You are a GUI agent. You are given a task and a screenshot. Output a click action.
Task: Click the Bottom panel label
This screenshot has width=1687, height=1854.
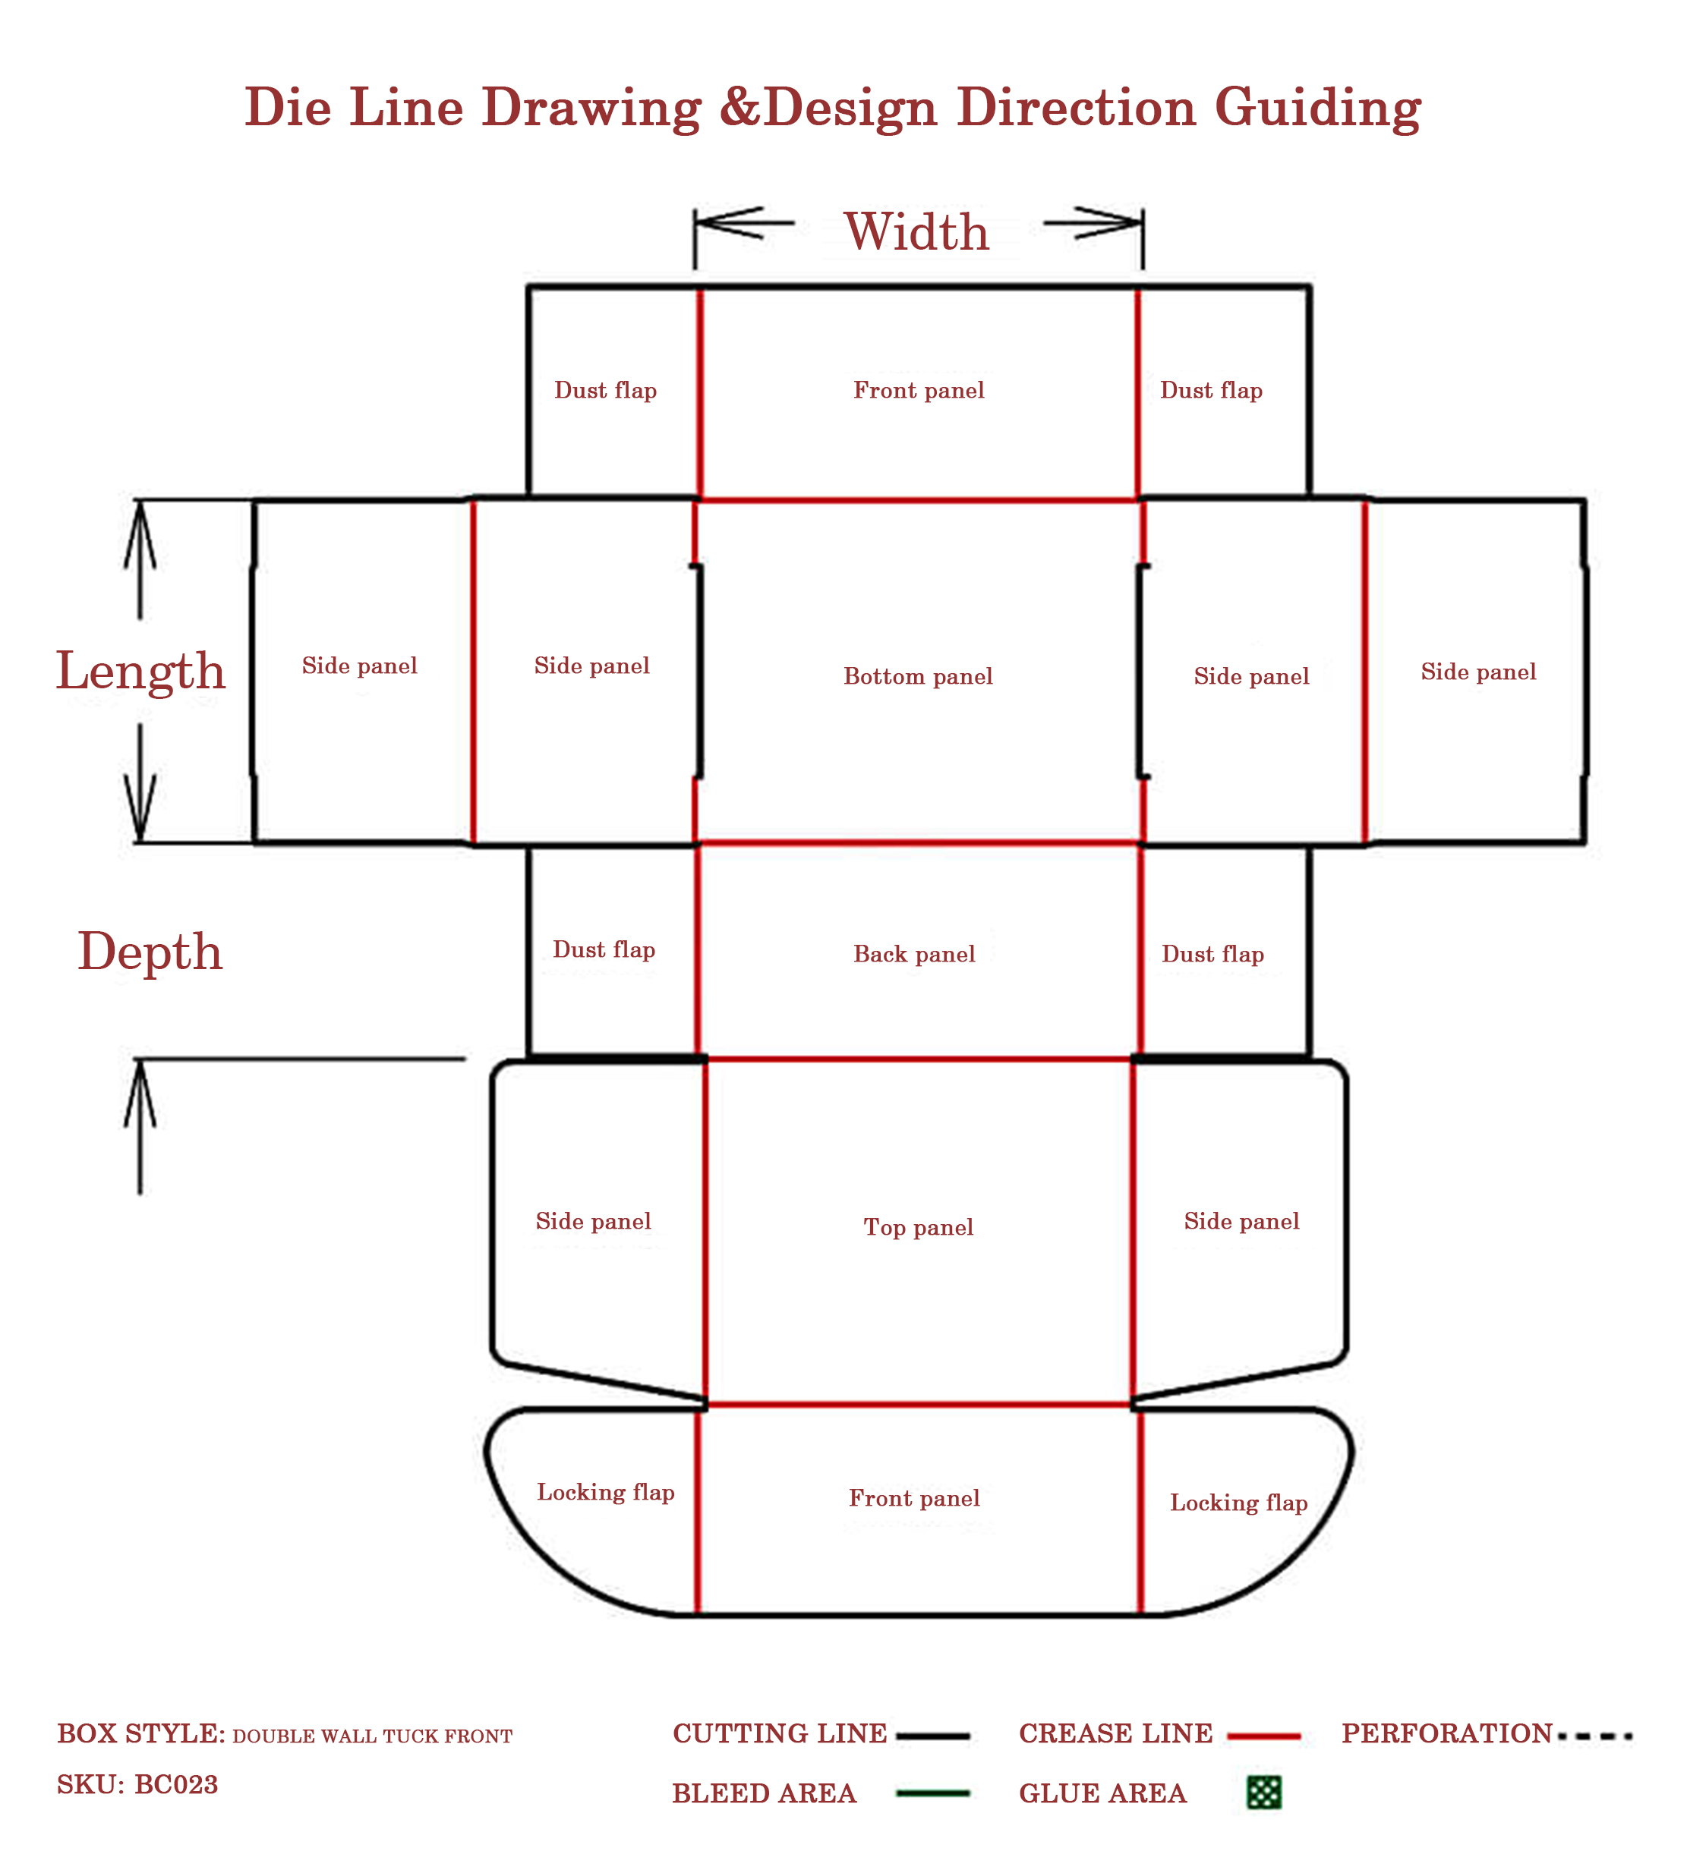[918, 677]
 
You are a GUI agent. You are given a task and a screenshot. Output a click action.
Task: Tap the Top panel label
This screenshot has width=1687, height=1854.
[918, 1228]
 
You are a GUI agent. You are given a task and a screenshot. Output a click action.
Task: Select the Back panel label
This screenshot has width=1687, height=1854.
[914, 955]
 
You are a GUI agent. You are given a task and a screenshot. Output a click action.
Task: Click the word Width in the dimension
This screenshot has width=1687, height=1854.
[917, 231]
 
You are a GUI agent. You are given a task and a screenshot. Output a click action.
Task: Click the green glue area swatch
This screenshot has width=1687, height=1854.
[1264, 1793]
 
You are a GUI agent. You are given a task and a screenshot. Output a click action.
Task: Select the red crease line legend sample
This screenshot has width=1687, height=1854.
[1265, 1736]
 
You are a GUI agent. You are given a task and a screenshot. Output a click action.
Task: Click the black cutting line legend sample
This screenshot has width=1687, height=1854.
[933, 1736]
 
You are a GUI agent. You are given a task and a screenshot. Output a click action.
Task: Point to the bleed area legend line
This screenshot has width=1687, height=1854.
[933, 1793]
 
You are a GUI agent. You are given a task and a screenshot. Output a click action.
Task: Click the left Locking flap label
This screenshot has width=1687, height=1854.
[606, 1493]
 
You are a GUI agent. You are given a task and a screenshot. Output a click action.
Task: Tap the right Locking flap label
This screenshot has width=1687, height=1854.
[1239, 1503]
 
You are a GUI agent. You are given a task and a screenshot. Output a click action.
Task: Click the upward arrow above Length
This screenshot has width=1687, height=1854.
[140, 560]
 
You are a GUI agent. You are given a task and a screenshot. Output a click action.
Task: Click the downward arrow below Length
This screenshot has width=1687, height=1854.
[140, 782]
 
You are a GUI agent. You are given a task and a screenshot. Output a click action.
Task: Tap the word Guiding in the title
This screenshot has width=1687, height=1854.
[1318, 109]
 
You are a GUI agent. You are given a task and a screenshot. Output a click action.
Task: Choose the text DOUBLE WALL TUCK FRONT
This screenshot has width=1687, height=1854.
[373, 1736]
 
